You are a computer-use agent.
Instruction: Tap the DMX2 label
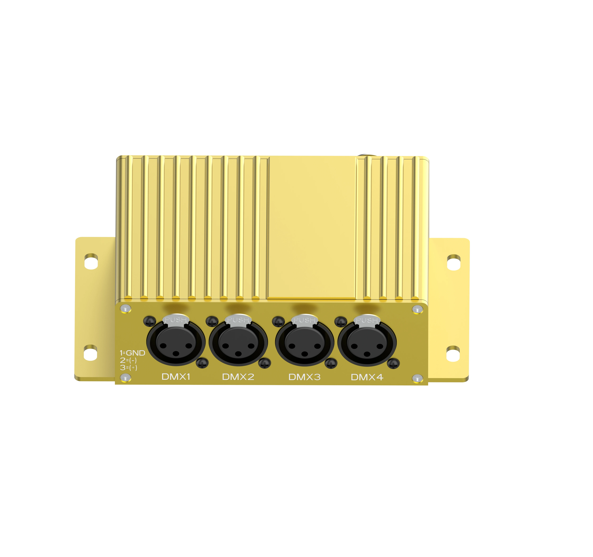coord(238,377)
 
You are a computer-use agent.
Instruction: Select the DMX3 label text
coord(304,377)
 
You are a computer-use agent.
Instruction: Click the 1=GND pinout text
coord(132,353)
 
